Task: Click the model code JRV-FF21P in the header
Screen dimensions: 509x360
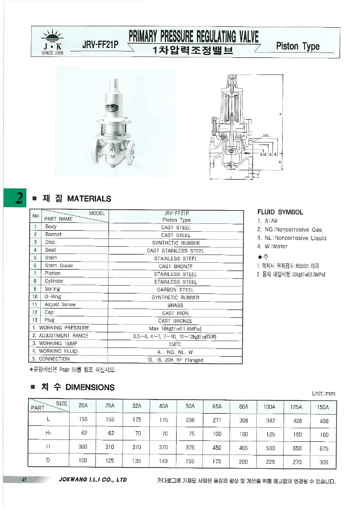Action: pyautogui.click(x=100, y=45)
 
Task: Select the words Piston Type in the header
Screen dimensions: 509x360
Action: pyautogui.click(x=298, y=46)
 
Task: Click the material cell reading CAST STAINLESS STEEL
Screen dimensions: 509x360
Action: pyautogui.click(x=176, y=251)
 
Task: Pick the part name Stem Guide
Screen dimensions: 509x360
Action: pyautogui.click(x=59, y=266)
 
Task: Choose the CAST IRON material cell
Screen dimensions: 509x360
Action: pyautogui.click(x=175, y=313)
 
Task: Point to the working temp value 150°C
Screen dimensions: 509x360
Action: pyautogui.click(x=175, y=344)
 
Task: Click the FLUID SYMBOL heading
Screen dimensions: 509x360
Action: pyautogui.click(x=280, y=212)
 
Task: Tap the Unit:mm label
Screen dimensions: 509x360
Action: pyautogui.click(x=323, y=393)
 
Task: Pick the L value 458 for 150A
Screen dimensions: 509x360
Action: pyautogui.click(x=324, y=421)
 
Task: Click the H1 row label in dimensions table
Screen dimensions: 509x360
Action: pyautogui.click(x=48, y=434)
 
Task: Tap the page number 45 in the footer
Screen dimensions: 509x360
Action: pyautogui.click(x=23, y=480)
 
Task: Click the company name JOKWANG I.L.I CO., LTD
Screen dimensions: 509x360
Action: pyautogui.click(x=92, y=480)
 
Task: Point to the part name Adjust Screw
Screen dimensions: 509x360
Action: pyautogui.click(x=60, y=305)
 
